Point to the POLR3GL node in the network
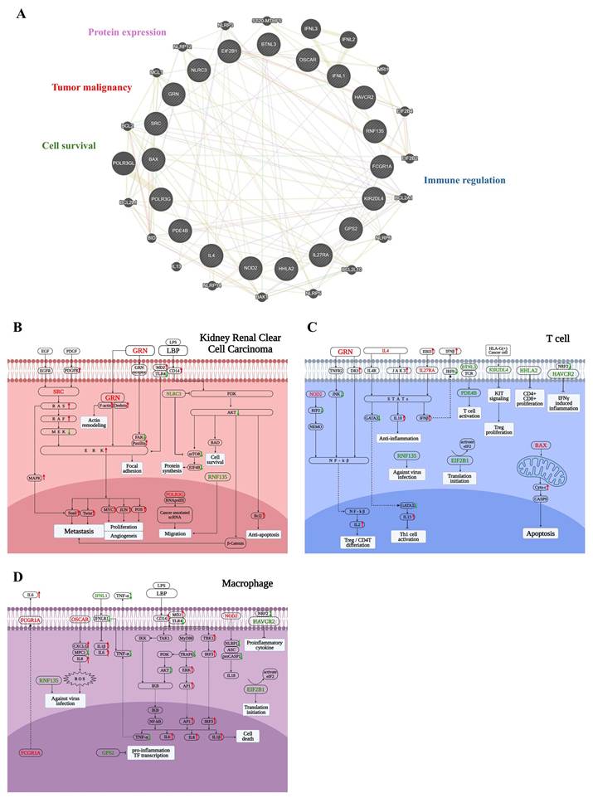123,163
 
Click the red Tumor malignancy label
91,87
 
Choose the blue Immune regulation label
464,179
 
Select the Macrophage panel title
247,583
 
